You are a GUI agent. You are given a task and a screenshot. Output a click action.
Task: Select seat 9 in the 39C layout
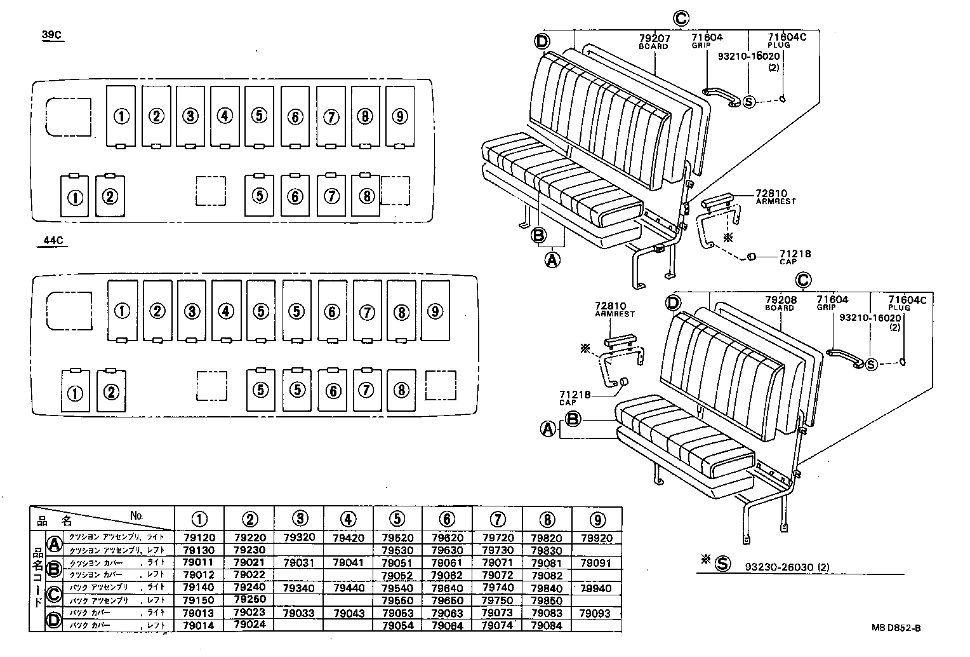pyautogui.click(x=400, y=116)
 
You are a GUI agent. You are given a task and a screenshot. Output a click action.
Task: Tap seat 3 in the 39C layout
pyautogui.click(x=190, y=116)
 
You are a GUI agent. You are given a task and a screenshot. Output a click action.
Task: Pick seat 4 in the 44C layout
pyautogui.click(x=226, y=311)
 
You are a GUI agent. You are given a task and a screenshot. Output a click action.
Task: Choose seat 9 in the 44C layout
pyautogui.click(x=435, y=311)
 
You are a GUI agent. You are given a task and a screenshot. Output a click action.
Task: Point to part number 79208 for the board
pyautogui.click(x=780, y=299)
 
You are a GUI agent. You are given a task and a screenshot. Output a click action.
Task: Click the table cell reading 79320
pyautogui.click(x=299, y=538)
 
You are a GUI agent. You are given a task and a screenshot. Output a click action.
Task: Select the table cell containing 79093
pyautogui.click(x=595, y=613)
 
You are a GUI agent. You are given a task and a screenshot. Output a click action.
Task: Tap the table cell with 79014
pyautogui.click(x=199, y=625)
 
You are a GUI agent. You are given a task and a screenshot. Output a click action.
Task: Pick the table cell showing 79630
pyautogui.click(x=447, y=550)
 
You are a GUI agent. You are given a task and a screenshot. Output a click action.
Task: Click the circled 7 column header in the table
pyautogui.click(x=498, y=519)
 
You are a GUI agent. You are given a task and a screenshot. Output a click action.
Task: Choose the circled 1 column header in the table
pyautogui.click(x=199, y=519)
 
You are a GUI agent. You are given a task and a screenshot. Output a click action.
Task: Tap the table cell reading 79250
pyautogui.click(x=249, y=600)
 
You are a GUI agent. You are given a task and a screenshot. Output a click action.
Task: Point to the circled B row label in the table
pyautogui.click(x=55, y=568)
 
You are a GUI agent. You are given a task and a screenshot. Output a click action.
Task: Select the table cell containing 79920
pyautogui.click(x=596, y=538)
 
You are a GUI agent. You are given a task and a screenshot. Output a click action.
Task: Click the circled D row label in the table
pyautogui.click(x=55, y=619)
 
